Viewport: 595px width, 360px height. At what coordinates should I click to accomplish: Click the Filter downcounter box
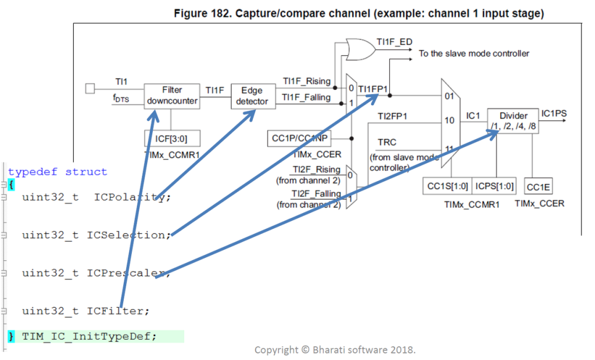[172, 96]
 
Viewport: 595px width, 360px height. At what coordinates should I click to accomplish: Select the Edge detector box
[252, 96]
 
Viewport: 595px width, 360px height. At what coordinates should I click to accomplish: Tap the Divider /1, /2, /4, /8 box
[512, 121]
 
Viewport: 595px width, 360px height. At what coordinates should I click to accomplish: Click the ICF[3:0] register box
[172, 139]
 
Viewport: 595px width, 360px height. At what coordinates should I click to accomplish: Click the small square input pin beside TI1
[89, 88]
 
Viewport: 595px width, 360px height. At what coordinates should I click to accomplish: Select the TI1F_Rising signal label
[306, 81]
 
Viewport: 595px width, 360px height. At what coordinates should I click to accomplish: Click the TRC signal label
[388, 142]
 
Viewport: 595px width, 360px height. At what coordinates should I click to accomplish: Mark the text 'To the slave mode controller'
[474, 53]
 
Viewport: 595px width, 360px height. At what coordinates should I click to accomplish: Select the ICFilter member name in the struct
[119, 311]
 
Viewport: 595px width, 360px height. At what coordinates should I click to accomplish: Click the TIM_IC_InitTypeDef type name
[89, 336]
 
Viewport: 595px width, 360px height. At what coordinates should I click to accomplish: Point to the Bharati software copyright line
[335, 350]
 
